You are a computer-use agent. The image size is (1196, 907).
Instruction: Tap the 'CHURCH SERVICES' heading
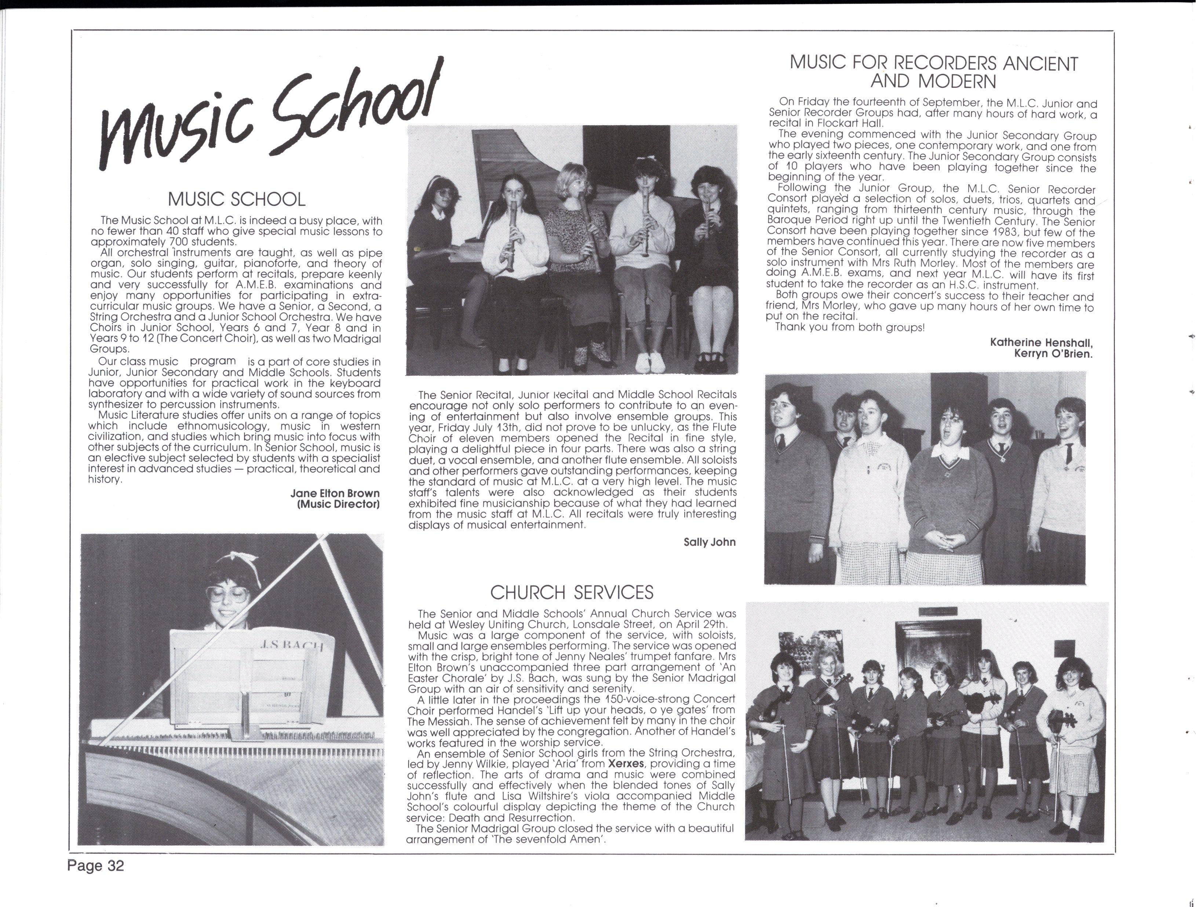(x=572, y=593)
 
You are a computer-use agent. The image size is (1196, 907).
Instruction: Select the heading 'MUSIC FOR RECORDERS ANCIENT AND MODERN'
(x=933, y=72)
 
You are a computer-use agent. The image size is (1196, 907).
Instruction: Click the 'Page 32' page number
(x=96, y=866)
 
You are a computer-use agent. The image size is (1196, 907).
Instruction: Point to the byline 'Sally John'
(x=710, y=542)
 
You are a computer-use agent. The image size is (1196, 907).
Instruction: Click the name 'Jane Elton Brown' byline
(x=335, y=493)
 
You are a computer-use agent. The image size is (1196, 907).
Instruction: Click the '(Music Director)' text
(x=339, y=504)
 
